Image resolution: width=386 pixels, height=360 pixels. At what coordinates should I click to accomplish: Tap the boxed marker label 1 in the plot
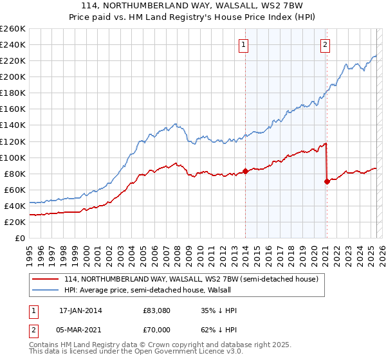pyautogui.click(x=244, y=45)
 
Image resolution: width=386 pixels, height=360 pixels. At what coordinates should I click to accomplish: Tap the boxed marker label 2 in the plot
pyautogui.click(x=326, y=45)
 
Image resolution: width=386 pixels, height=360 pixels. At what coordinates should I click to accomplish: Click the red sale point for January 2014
pyautogui.click(x=245, y=171)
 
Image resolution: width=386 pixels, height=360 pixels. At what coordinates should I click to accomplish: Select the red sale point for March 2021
pyautogui.click(x=327, y=181)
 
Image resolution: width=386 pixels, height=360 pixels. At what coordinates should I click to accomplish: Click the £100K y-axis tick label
pyautogui.click(x=13, y=157)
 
